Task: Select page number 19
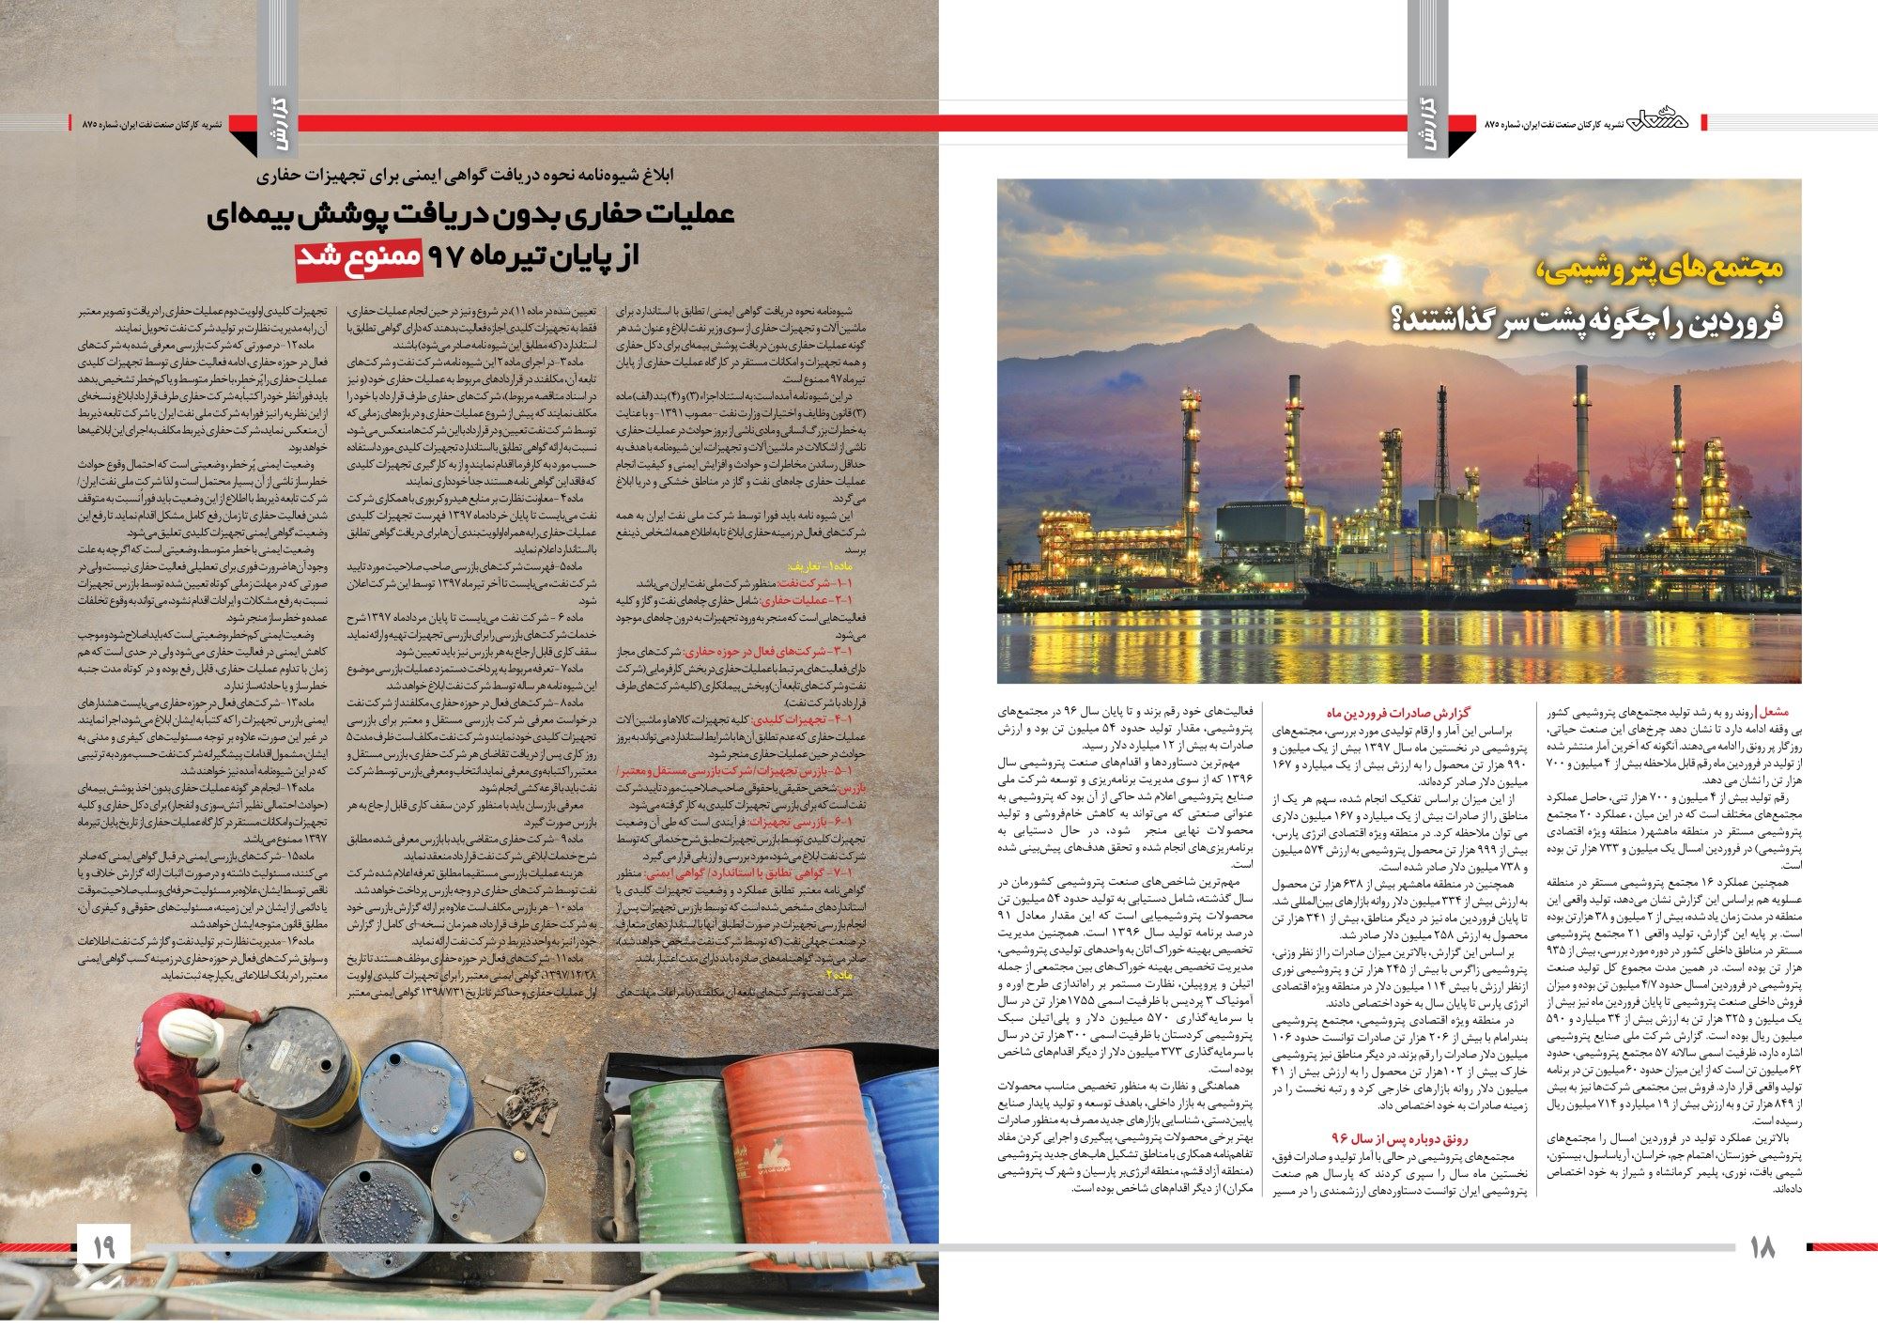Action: point(102,1247)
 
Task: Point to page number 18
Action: point(1763,1247)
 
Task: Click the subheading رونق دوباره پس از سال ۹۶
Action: point(1386,1138)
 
